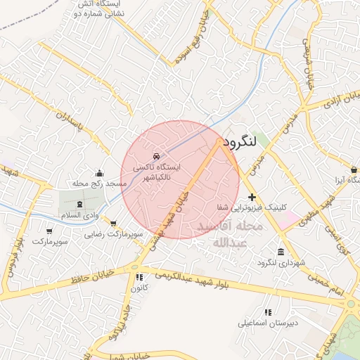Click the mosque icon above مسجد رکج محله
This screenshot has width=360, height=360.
(100, 172)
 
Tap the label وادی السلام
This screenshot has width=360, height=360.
(101, 212)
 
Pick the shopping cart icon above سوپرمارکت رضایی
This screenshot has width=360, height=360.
(114, 223)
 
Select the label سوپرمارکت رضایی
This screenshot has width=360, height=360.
(114, 233)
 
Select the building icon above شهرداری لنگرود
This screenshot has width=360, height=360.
(281, 252)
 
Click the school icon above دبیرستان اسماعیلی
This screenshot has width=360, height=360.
(267, 312)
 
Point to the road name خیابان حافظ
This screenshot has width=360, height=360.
(92, 281)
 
